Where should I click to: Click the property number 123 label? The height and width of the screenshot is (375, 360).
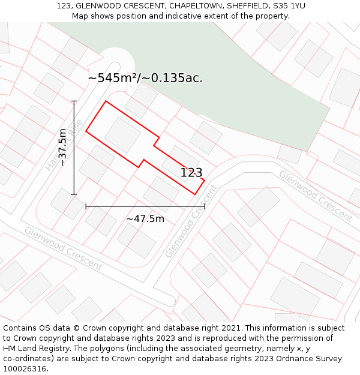[191, 173]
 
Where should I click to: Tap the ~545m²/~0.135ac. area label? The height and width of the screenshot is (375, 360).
[145, 78]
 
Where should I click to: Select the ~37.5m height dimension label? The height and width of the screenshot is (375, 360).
[62, 148]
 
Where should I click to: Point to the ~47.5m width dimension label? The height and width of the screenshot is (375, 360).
[145, 219]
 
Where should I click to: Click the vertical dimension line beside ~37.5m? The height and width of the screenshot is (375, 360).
[74, 148]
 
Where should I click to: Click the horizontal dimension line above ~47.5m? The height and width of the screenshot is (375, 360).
[145, 206]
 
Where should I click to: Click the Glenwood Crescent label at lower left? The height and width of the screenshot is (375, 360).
[63, 248]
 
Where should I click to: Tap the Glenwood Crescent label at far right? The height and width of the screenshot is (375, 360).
[315, 196]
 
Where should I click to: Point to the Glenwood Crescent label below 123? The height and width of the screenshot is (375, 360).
[190, 222]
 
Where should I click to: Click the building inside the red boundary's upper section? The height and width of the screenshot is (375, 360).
[122, 134]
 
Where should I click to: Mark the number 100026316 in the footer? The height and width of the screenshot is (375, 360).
[25, 369]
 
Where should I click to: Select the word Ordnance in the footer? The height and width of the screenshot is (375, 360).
[287, 359]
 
